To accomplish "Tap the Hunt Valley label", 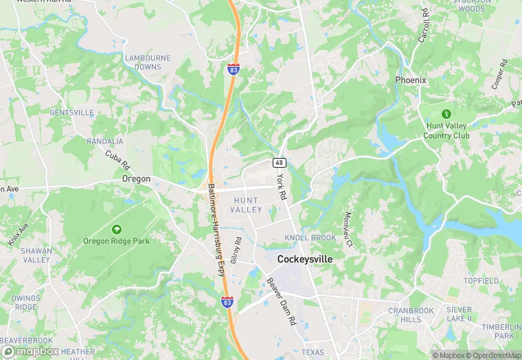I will (x=246, y=204).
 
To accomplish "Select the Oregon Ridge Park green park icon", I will (x=116, y=229).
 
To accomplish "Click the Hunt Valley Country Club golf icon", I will (x=446, y=113).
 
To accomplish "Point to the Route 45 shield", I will (x=279, y=162).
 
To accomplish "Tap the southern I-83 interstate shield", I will (x=227, y=302).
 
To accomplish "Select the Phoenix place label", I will (x=411, y=80).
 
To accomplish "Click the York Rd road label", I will (x=281, y=186).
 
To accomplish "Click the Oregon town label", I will (x=136, y=179).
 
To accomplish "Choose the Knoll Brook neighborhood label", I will (x=310, y=238).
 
